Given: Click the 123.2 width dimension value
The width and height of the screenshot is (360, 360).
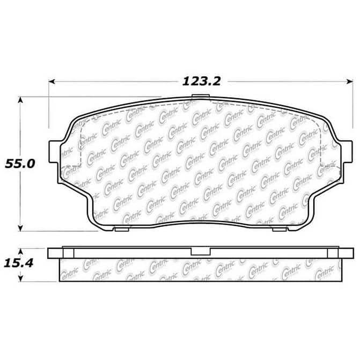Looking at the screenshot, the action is coord(201,81).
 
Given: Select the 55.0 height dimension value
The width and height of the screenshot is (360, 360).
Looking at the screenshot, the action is coord(20,164).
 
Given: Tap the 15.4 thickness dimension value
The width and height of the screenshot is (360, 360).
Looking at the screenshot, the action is coord(19,263).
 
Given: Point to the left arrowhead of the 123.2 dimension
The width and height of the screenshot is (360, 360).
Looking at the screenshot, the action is coord(52,82).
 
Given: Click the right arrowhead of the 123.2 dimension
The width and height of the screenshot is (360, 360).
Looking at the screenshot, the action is coord(350,82).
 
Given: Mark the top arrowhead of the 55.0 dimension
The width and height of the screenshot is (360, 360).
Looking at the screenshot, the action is coord(20,100).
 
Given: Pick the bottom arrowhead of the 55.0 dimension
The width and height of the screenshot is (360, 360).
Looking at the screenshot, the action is coord(20,228).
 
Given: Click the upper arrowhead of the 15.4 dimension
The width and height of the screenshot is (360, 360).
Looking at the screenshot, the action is coord(20,252).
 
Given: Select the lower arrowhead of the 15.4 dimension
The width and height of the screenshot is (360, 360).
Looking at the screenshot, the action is coord(20,278).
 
